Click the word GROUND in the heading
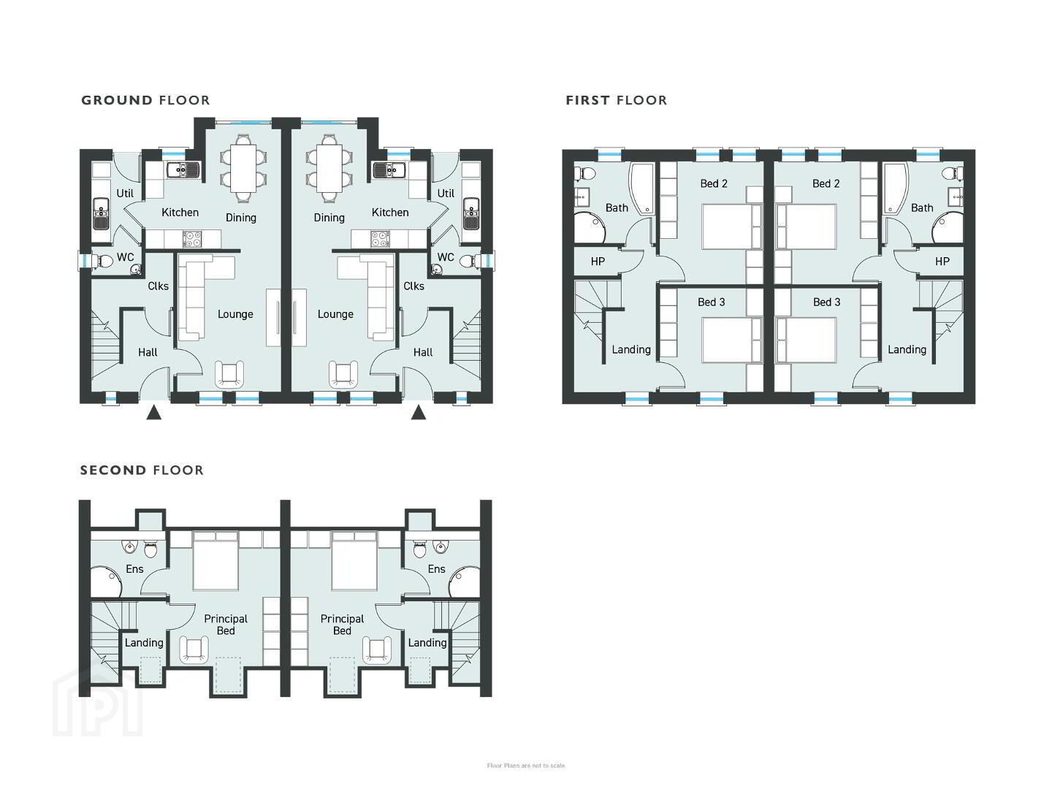tap(117, 101)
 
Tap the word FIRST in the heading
tap(587, 101)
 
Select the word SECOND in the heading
tap(113, 470)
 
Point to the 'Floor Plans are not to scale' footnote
tap(526, 766)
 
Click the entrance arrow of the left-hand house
tap(153, 413)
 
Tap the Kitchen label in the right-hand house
tap(390, 212)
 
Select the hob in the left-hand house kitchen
tap(192, 239)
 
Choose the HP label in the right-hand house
tap(942, 262)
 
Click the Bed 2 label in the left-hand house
tap(714, 183)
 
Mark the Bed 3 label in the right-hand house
tap(826, 302)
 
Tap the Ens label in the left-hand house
tap(134, 569)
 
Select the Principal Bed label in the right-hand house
tap(342, 625)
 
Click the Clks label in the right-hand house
tap(413, 286)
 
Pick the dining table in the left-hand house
tap(243, 169)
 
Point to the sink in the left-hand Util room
tap(101, 213)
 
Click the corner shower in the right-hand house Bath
tap(947, 229)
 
